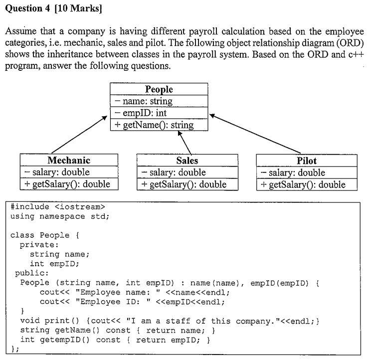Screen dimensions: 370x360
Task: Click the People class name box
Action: [x=159, y=89]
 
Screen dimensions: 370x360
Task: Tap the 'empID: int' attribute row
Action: [x=159, y=113]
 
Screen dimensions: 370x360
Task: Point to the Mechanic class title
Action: [x=69, y=160]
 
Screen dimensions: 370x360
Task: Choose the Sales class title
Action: [x=187, y=161]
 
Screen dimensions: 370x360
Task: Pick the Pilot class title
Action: [x=307, y=161]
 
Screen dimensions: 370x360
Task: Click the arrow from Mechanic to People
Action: [x=79, y=135]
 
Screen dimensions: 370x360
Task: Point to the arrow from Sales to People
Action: [x=185, y=143]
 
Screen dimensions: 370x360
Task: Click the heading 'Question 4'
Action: [x=27, y=8]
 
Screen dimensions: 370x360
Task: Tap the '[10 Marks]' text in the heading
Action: [x=78, y=8]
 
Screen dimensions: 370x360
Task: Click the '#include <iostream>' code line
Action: [x=57, y=207]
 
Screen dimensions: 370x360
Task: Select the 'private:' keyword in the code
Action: [x=39, y=245]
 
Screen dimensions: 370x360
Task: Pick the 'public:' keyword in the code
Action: [x=31, y=273]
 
